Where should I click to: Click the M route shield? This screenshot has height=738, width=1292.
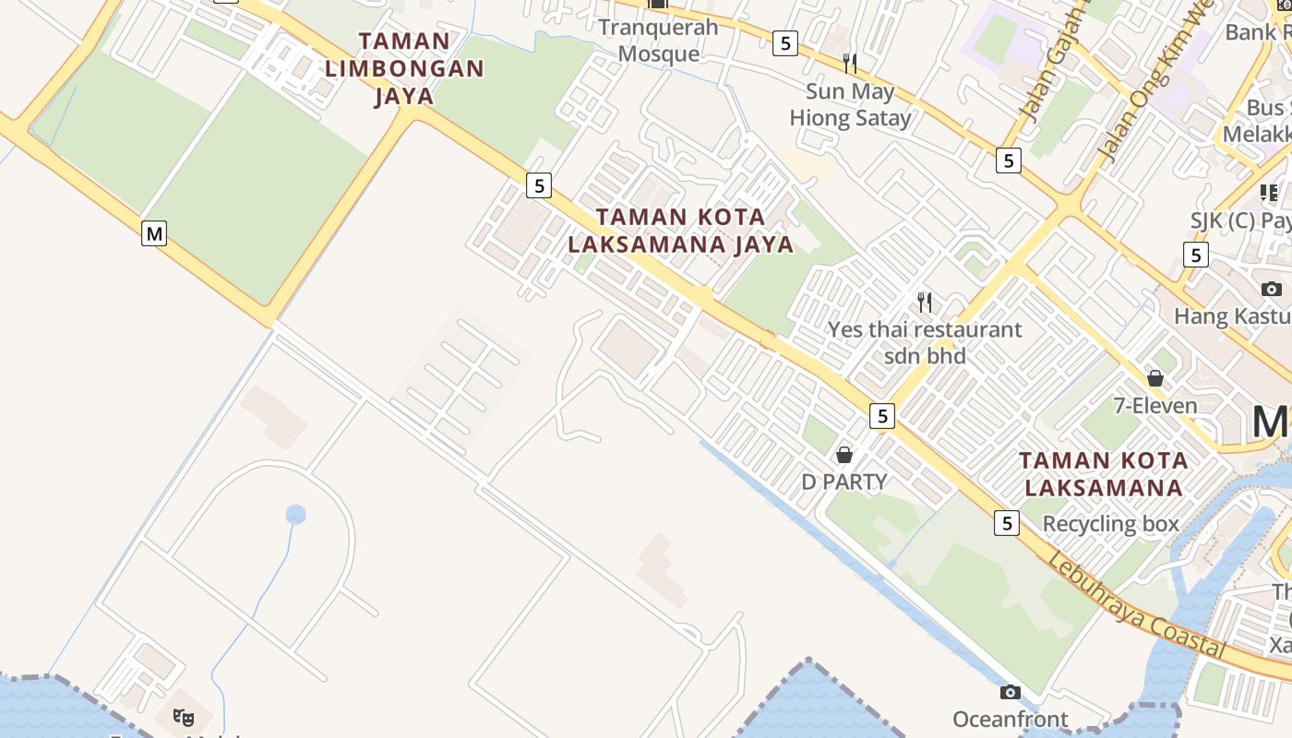[x=154, y=233]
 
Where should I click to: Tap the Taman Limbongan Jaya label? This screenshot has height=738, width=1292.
[x=404, y=68]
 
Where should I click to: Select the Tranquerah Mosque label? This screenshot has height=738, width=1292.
[x=658, y=40]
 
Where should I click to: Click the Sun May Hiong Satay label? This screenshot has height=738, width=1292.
[x=850, y=105]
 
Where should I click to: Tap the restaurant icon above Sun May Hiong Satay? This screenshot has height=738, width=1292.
[x=850, y=63]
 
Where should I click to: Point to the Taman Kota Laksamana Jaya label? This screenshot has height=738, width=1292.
[x=681, y=231]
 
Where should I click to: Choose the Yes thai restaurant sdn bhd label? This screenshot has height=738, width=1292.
[x=925, y=342]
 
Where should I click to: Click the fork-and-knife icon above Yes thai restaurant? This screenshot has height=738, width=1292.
[x=925, y=302]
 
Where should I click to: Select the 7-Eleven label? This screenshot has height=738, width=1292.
[x=1155, y=405]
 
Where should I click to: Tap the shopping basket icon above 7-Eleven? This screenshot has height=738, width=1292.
[x=1155, y=378]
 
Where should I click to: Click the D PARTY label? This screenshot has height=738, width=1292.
[x=844, y=482]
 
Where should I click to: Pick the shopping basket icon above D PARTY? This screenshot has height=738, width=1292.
[x=844, y=455]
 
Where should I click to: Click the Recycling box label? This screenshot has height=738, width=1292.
[x=1111, y=524]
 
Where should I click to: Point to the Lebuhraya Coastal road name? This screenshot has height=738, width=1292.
[x=1138, y=607]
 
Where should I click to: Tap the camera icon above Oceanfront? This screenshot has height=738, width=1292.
[x=1011, y=692]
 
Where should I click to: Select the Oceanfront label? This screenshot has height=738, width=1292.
[x=1011, y=719]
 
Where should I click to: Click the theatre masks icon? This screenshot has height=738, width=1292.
[x=184, y=716]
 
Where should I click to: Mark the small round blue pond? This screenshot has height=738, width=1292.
[x=295, y=515]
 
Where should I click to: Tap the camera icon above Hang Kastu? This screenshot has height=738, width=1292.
[x=1272, y=289]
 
